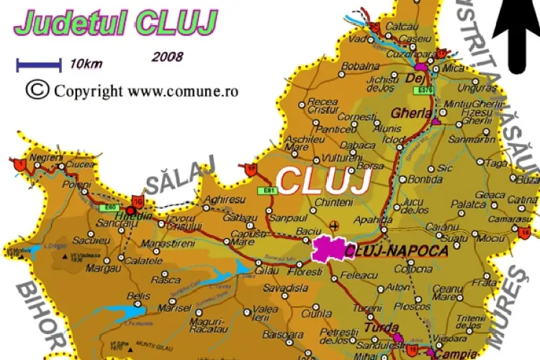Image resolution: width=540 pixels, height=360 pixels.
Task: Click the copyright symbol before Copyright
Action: pos(36,89)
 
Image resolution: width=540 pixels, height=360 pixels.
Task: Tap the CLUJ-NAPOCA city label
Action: pos(397,251)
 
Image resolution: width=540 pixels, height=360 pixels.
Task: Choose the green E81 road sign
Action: pos(269,190)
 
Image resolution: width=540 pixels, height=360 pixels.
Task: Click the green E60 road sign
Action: pos(108,207)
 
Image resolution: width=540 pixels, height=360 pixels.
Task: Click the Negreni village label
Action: pos(47,156)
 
